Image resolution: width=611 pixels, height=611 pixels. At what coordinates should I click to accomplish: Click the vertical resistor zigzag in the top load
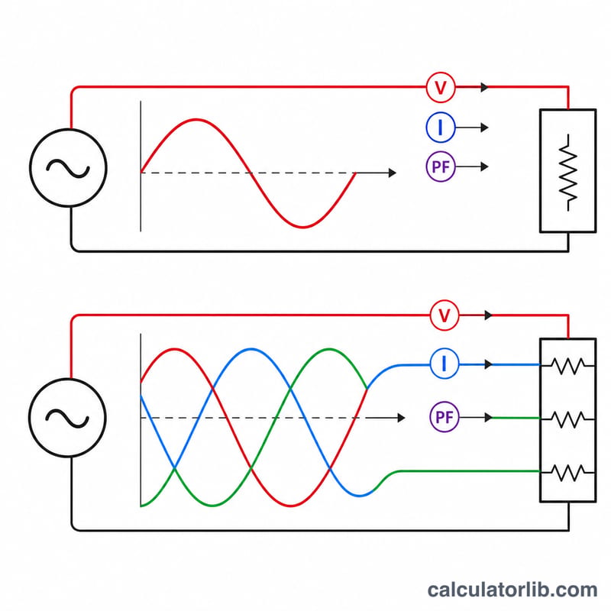(568, 173)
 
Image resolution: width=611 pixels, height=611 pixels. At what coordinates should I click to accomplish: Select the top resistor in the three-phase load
(567, 366)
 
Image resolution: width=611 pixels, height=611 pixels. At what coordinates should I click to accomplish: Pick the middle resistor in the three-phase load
(567, 419)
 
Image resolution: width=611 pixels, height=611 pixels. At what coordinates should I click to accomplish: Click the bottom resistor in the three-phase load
(567, 472)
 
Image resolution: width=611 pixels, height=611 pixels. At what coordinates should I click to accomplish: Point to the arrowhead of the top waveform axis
(393, 173)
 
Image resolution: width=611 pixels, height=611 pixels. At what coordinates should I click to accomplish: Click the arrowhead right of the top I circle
(484, 128)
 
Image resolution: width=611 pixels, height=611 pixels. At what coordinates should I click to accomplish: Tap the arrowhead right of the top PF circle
(484, 166)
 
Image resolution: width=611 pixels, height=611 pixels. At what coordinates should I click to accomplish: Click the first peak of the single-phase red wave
(196, 120)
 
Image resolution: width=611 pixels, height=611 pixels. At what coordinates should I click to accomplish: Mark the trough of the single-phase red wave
(303, 226)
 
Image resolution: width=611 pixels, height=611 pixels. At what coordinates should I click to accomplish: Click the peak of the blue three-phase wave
(251, 349)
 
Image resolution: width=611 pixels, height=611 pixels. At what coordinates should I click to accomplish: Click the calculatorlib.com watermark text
(512, 589)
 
